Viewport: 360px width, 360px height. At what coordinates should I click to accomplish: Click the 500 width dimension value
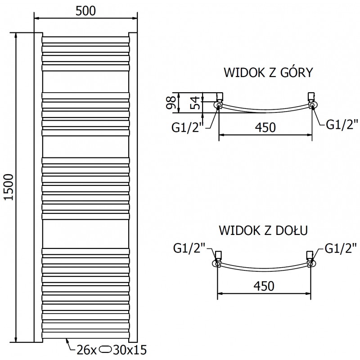[x=85, y=11]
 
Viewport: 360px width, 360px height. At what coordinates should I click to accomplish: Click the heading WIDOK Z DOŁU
[x=263, y=231]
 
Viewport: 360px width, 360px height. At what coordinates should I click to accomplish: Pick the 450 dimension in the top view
[x=265, y=127]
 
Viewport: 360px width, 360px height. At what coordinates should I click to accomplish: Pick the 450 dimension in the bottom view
[x=265, y=285]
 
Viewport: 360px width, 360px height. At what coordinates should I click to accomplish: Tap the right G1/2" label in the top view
[x=342, y=124]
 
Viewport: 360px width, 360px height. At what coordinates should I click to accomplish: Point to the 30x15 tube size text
[x=130, y=349]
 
